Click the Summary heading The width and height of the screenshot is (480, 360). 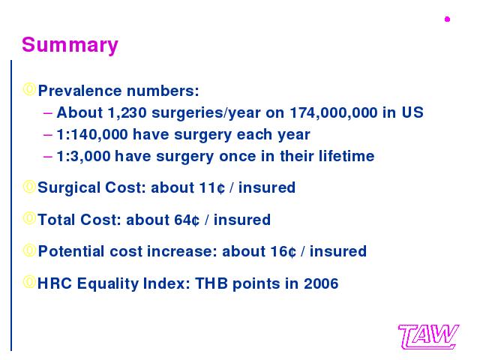click(x=70, y=45)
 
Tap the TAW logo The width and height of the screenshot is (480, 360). click(x=428, y=337)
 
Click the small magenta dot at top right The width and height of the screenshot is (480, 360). click(x=447, y=19)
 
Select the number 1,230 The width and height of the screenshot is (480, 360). click(x=127, y=113)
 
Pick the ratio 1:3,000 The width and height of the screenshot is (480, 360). click(x=83, y=157)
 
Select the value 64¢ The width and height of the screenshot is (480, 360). click(x=187, y=220)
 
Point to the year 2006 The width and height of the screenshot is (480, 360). click(x=321, y=283)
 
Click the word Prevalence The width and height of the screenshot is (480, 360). click(x=80, y=91)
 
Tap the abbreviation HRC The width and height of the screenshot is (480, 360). click(x=55, y=283)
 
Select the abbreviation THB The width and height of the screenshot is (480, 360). click(x=211, y=283)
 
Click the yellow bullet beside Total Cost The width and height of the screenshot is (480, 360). click(x=29, y=218)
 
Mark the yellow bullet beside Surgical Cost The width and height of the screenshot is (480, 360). click(x=29, y=187)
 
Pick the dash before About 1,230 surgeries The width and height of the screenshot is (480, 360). click(x=48, y=113)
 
